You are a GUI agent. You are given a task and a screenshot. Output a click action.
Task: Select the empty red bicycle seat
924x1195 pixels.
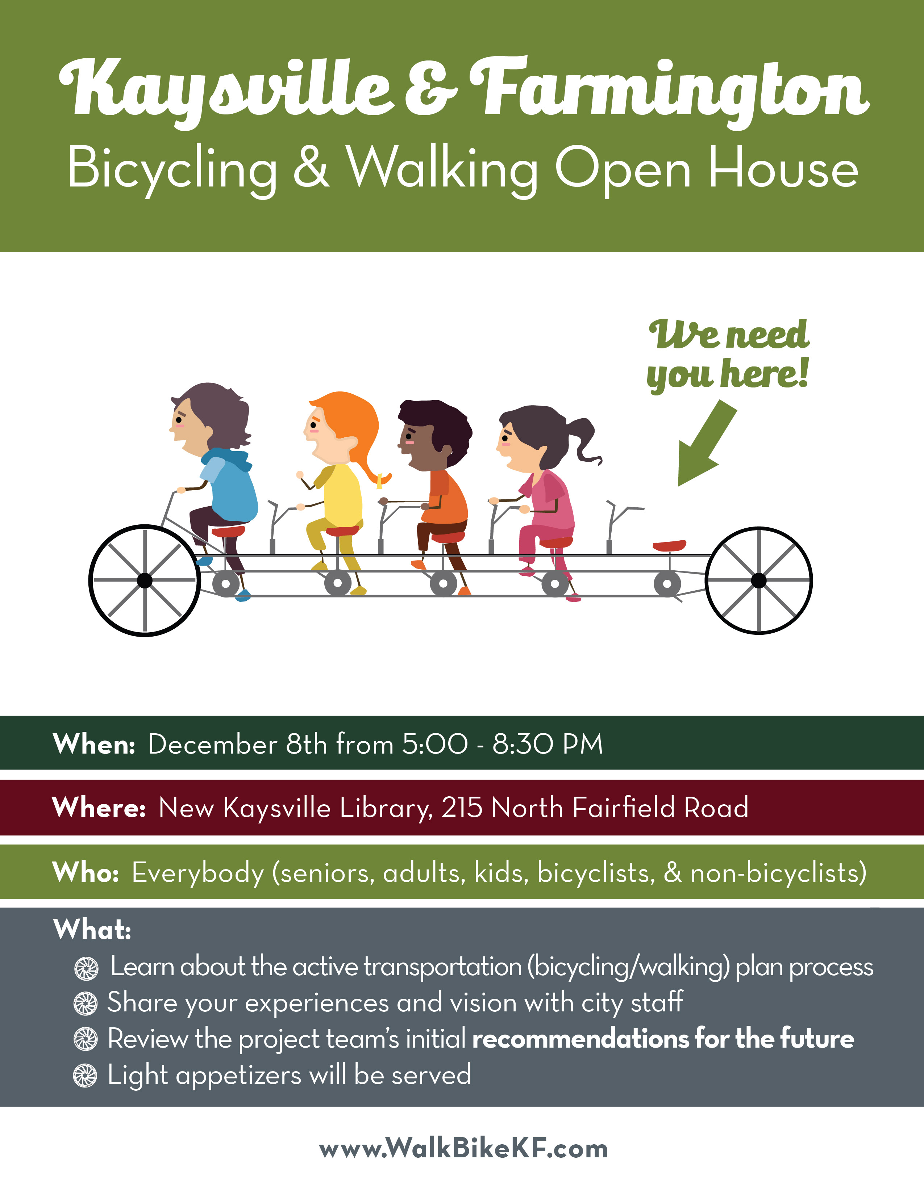[x=669, y=545]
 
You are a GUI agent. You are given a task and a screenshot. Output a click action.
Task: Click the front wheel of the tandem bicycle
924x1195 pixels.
[x=145, y=580]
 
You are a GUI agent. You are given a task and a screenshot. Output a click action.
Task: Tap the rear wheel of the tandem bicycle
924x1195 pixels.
[x=759, y=580]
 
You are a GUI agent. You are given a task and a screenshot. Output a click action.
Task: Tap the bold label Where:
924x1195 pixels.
[x=99, y=808]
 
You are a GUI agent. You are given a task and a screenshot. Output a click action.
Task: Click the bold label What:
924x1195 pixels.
[x=92, y=930]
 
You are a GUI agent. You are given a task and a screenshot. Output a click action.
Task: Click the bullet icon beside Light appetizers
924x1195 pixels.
[x=86, y=1076]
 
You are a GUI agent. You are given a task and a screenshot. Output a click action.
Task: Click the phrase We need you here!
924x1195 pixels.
[x=728, y=355]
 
